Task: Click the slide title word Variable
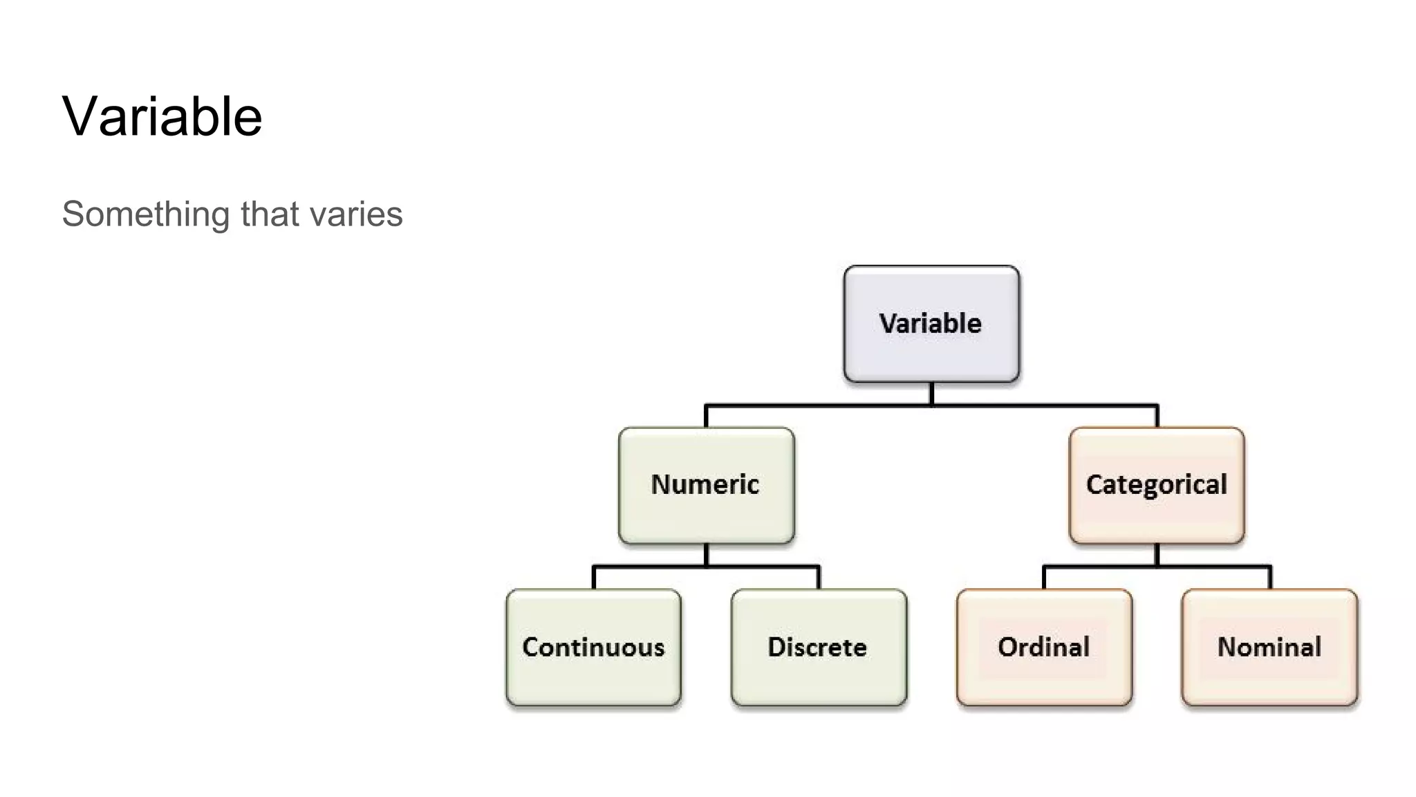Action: tap(162, 116)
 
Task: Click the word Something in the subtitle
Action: tap(145, 214)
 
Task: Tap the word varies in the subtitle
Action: tap(356, 214)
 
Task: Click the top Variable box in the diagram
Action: tap(931, 323)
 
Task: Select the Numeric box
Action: tap(706, 484)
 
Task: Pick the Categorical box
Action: tap(1156, 484)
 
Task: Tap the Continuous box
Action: tap(593, 647)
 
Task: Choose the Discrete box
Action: tap(819, 647)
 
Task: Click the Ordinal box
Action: tap(1044, 647)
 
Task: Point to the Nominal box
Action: tap(1269, 647)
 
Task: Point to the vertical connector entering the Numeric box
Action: tap(706, 416)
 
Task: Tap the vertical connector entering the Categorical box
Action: tap(1157, 416)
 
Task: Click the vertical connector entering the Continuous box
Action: tap(594, 578)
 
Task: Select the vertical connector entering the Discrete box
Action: tap(819, 578)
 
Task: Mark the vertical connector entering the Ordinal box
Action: tap(1044, 578)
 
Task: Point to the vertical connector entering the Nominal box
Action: tap(1270, 578)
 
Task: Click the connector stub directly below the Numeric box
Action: tap(706, 555)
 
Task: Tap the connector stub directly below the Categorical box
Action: tap(1157, 555)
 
